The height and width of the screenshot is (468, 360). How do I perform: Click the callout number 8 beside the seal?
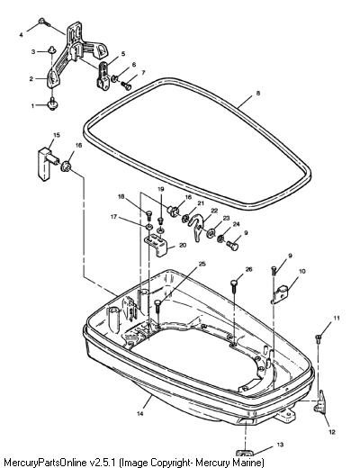[x=258, y=93]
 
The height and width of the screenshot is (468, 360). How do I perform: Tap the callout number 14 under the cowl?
[x=140, y=414]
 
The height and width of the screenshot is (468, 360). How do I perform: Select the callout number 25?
[x=202, y=264]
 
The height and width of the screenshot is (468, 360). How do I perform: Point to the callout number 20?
[x=183, y=245]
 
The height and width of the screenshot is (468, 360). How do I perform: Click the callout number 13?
[x=280, y=445]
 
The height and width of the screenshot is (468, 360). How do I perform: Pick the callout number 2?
[x=31, y=79]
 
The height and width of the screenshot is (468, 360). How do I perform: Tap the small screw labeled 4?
[x=44, y=22]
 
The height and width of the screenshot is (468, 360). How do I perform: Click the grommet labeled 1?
[x=53, y=105]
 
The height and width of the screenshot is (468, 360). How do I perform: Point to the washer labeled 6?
[x=114, y=79]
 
